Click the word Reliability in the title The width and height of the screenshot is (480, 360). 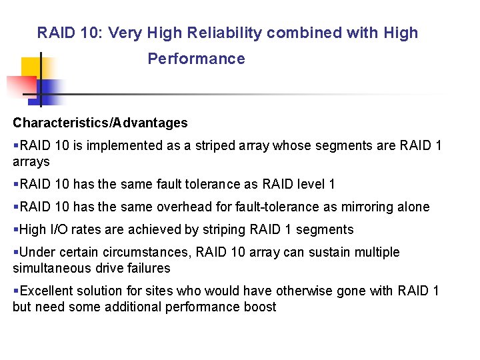click(x=225, y=33)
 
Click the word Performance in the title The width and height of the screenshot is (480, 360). click(x=196, y=59)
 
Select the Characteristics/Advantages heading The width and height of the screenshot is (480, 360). click(x=100, y=123)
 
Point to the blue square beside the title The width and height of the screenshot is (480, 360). click(x=50, y=90)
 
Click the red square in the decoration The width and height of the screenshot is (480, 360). click(x=20, y=85)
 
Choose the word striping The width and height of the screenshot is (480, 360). click(x=223, y=229)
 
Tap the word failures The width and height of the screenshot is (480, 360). click(x=149, y=268)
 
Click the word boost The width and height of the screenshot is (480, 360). click(x=260, y=307)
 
